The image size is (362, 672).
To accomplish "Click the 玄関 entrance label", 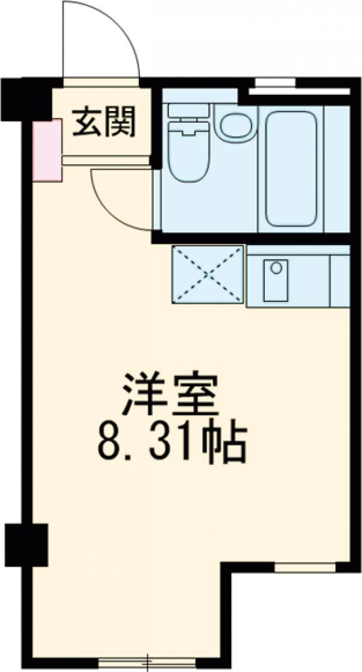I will [104, 123].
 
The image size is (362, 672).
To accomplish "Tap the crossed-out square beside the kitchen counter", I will [209, 275].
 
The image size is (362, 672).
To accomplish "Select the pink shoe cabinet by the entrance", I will [46, 150].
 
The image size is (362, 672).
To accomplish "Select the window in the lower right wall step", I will [305, 568].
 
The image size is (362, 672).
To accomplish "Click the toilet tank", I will [188, 111].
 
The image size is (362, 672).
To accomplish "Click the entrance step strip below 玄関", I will [106, 160].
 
